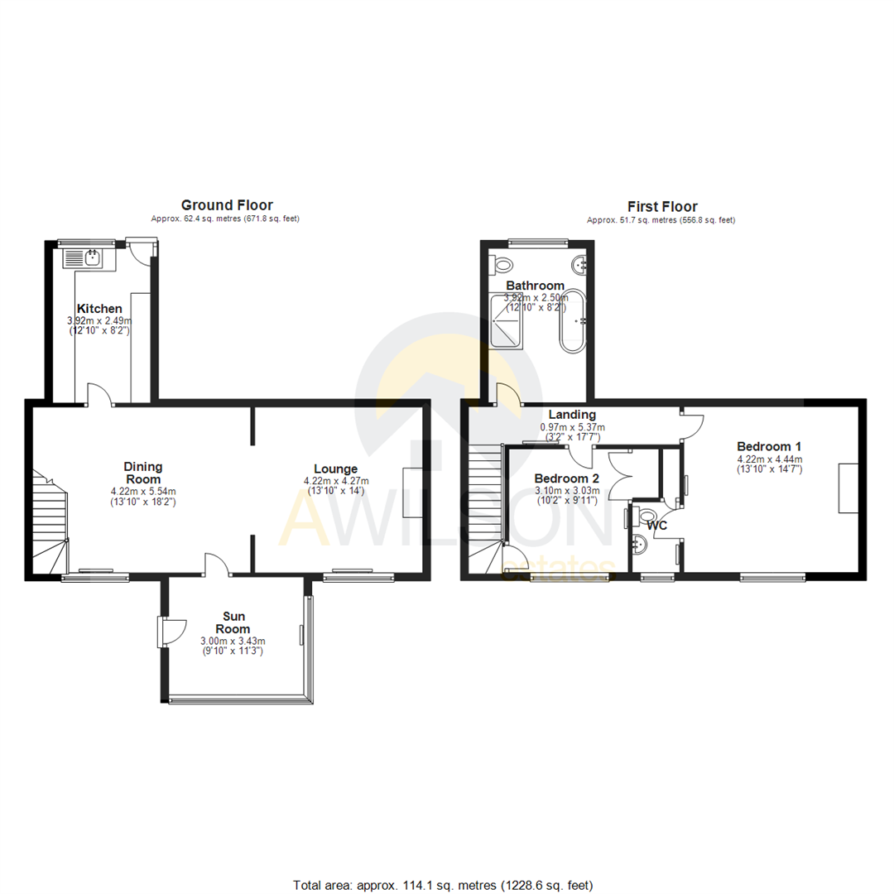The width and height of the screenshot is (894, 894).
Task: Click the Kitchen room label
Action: (x=99, y=309)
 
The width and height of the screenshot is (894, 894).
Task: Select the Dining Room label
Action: (x=143, y=473)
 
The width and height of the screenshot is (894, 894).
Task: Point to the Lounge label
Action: (x=335, y=469)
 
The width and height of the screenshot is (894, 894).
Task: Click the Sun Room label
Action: (x=237, y=622)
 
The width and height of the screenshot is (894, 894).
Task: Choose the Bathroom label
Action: (x=536, y=286)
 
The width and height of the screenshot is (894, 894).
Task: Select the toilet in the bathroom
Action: (x=502, y=265)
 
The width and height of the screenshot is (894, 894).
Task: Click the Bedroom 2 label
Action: (x=567, y=478)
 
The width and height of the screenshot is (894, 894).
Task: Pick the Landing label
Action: (x=572, y=415)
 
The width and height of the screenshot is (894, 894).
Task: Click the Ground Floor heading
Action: (x=227, y=205)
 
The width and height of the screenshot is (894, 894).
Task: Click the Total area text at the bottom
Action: (x=443, y=885)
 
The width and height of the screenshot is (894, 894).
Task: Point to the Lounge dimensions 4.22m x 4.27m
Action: (x=337, y=481)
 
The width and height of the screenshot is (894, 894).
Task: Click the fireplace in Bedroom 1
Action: (x=848, y=488)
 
